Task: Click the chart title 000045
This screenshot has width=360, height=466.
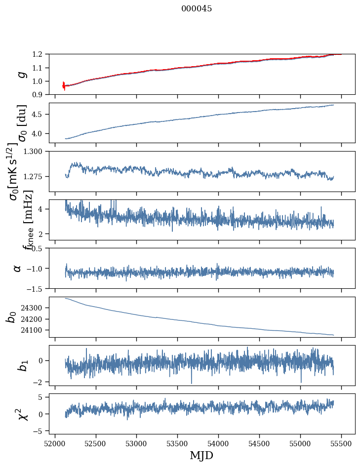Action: point(197,8)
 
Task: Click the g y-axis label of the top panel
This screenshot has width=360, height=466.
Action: point(21,75)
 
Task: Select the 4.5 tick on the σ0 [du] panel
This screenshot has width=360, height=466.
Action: point(39,114)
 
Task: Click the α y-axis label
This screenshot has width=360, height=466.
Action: point(18,268)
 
